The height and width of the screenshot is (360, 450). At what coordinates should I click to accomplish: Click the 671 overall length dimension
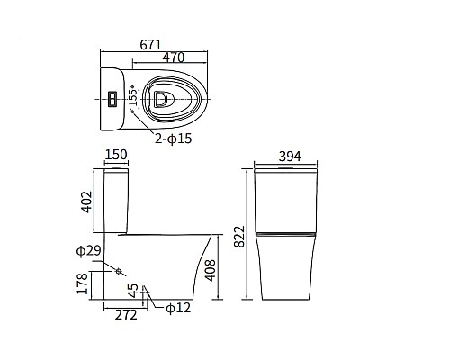point(151,45)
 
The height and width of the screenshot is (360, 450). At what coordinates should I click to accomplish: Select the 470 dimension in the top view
point(174,58)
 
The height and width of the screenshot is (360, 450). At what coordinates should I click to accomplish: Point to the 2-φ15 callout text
point(173,139)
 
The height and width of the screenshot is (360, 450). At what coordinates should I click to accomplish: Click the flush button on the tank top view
point(112,99)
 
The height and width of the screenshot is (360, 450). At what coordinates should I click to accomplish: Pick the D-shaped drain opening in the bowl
point(160,99)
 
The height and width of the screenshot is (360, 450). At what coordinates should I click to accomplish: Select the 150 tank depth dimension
point(116,155)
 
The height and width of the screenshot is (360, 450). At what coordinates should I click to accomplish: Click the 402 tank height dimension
point(87,202)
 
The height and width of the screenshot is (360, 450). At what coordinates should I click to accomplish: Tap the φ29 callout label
point(88,250)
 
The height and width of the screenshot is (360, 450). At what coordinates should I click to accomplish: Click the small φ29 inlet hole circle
point(119,271)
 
